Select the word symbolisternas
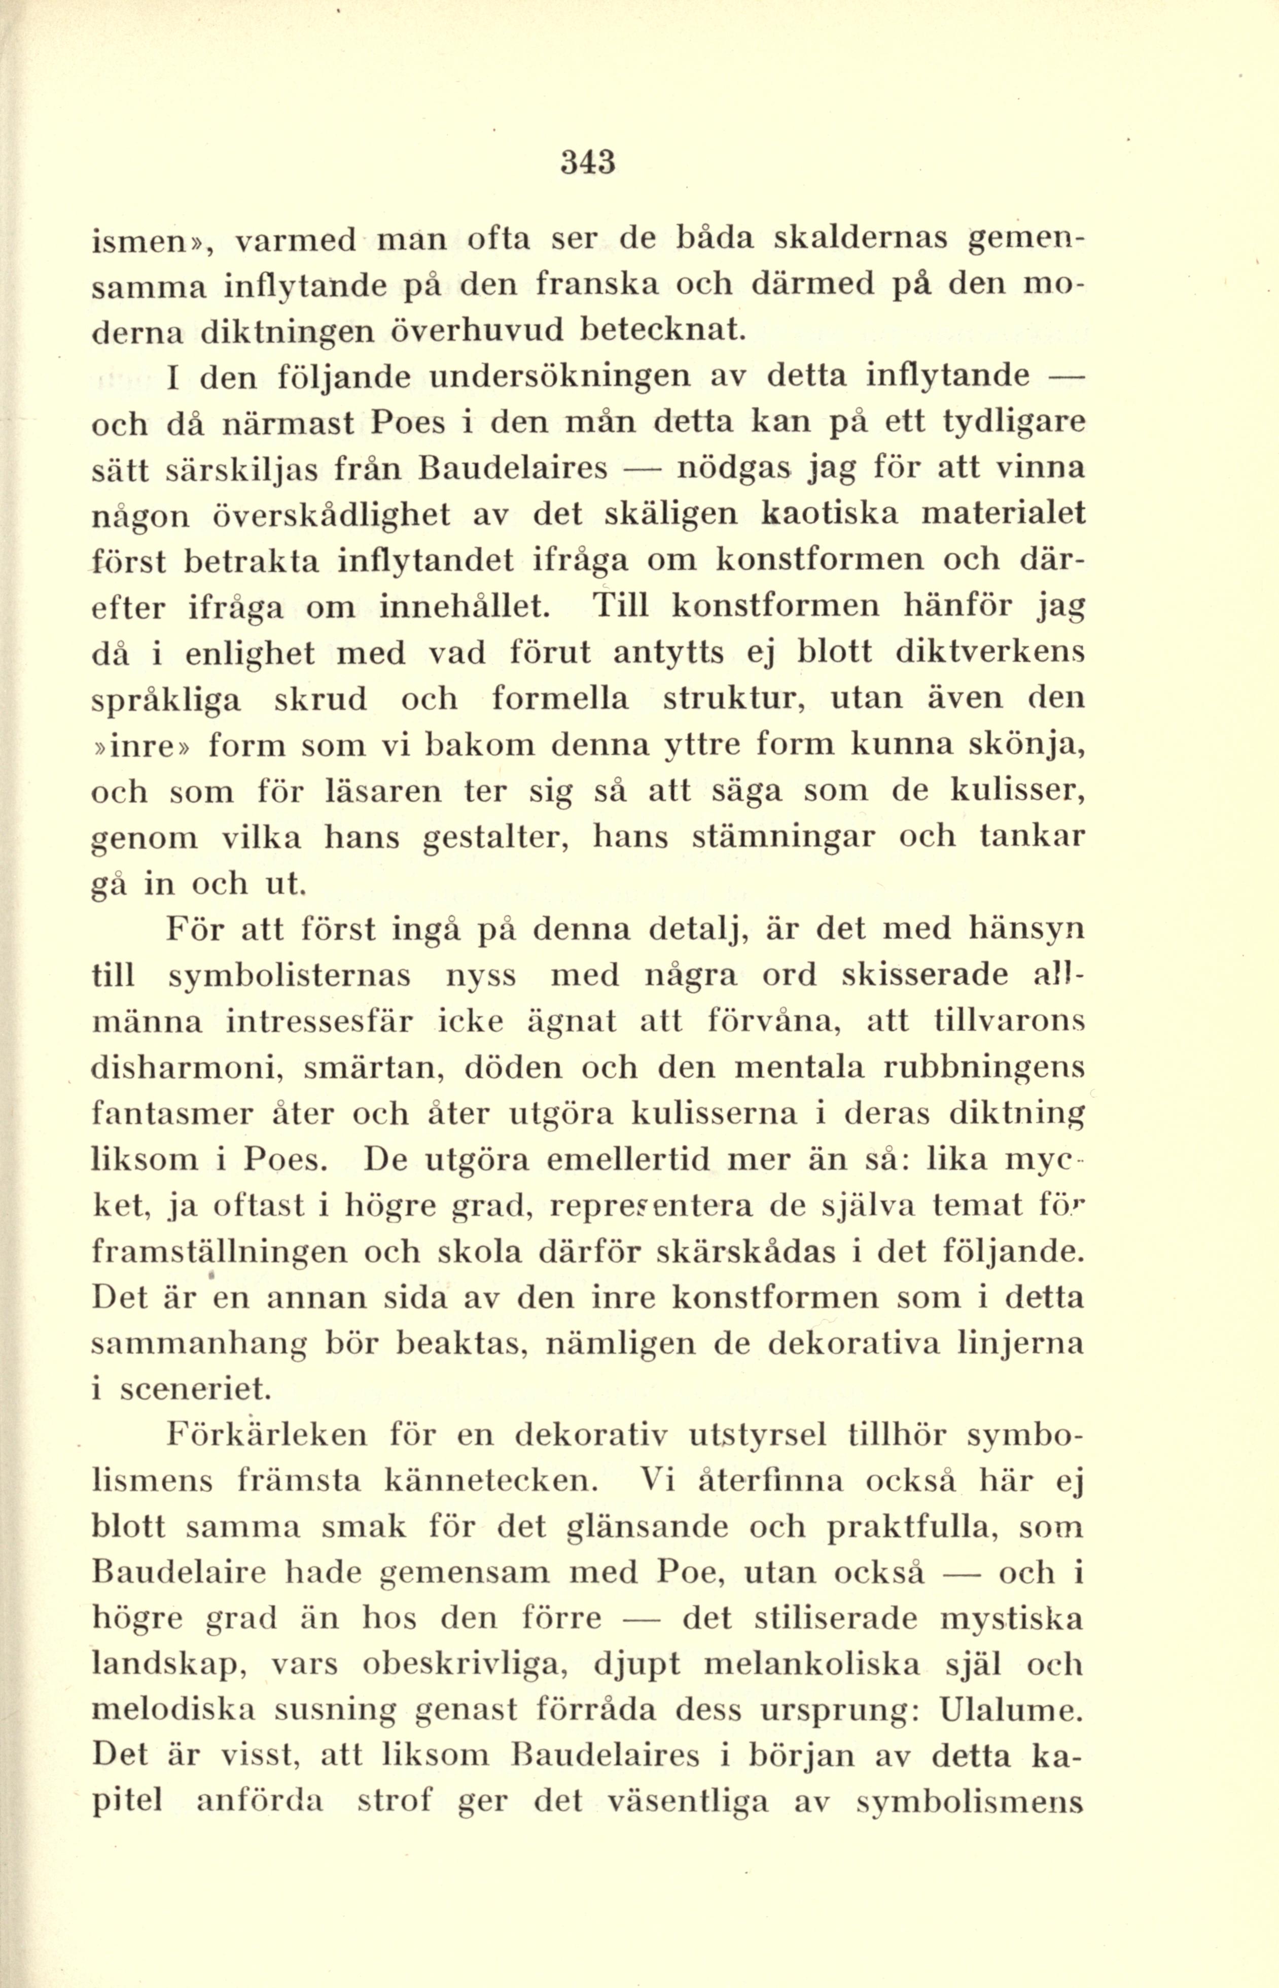pos(290,975)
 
